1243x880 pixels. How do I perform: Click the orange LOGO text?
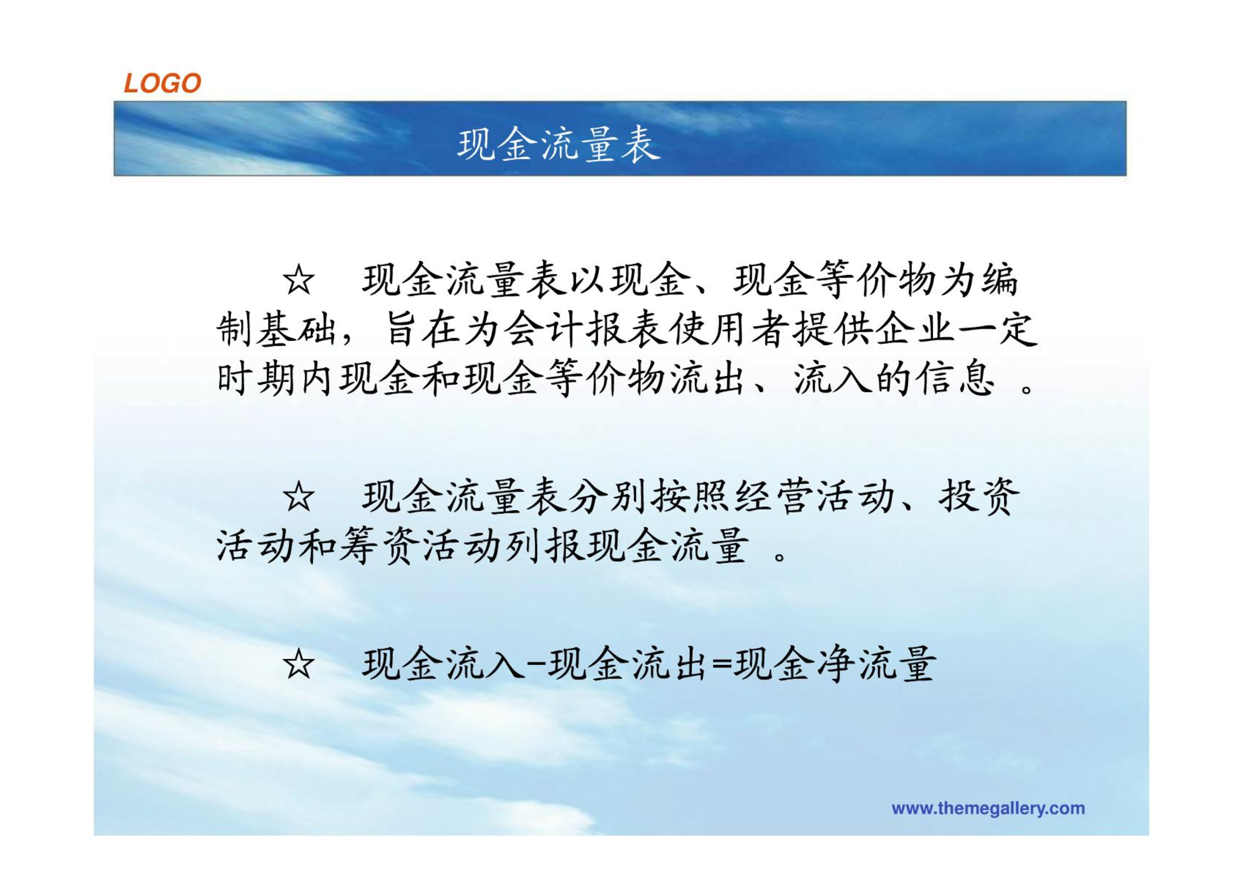162,83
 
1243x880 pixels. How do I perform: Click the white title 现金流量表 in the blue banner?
559,145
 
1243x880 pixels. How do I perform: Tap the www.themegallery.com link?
988,809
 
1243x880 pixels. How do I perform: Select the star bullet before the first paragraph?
299,280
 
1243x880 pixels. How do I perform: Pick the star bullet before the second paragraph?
299,496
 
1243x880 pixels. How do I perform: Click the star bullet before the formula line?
299,664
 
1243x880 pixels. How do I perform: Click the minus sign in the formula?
536,666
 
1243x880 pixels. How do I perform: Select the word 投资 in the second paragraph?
979,496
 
